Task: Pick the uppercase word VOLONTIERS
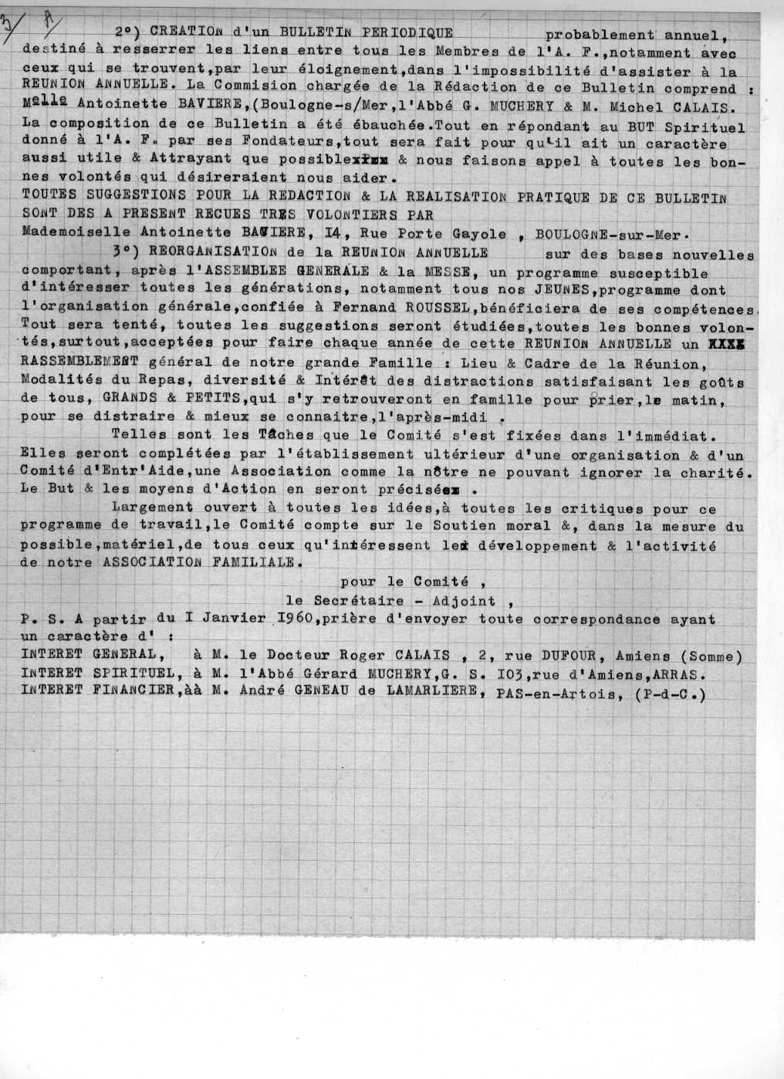point(342,215)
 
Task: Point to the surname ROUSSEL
point(413,308)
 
